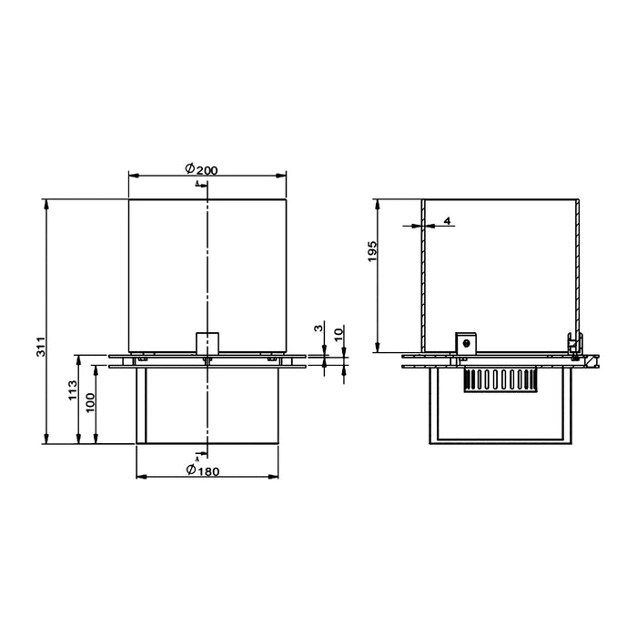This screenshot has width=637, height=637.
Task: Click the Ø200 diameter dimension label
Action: tap(201, 168)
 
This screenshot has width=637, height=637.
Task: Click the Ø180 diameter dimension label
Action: tap(203, 470)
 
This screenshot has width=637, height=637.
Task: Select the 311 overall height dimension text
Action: tap(42, 347)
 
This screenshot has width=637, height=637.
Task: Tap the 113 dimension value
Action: tap(73, 390)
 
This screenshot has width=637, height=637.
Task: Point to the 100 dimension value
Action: tap(90, 402)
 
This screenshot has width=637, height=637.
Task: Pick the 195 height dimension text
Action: tap(372, 251)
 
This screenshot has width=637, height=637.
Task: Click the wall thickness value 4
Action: tap(447, 221)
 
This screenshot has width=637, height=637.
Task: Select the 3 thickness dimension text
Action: tap(318, 328)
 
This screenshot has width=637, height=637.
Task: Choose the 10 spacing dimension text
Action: tap(339, 334)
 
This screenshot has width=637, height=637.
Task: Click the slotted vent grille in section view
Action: tap(500, 380)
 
